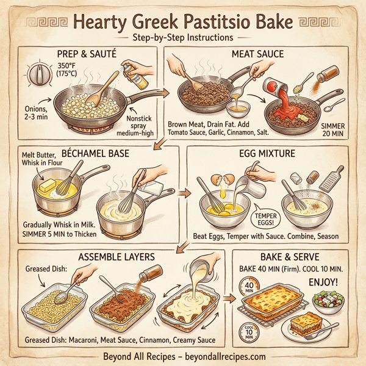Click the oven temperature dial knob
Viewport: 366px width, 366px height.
40,76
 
